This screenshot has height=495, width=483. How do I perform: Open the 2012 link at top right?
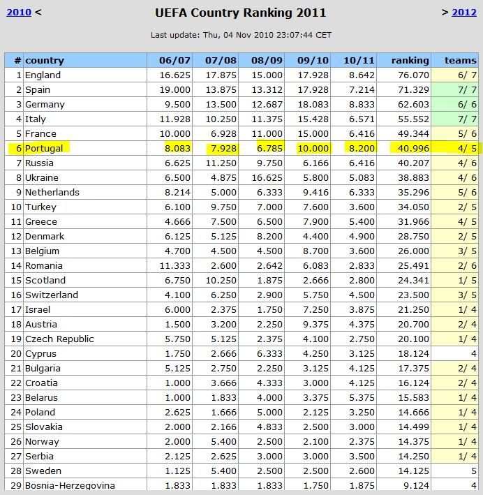point(464,12)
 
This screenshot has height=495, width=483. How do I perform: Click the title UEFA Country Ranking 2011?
point(241,13)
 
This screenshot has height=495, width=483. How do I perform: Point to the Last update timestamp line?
point(241,34)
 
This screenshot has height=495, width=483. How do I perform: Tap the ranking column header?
point(410,61)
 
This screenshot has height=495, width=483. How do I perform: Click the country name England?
point(43,75)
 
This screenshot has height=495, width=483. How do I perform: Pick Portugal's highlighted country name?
point(44,149)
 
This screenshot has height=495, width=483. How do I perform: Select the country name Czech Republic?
point(59,339)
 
